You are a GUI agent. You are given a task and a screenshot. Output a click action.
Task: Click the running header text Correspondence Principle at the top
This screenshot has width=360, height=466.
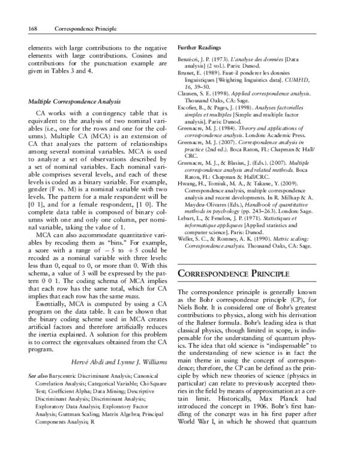click(85, 28)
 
